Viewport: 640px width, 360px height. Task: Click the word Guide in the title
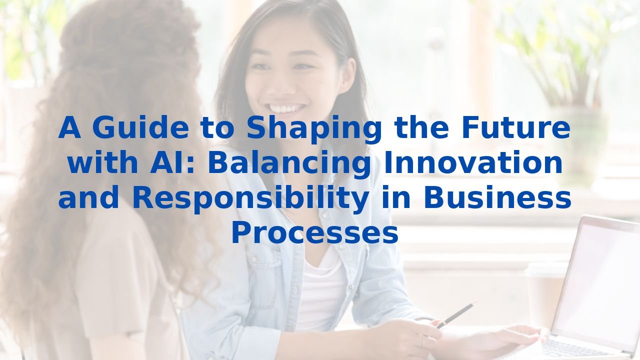(140, 128)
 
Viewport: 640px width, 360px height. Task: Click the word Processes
(314, 233)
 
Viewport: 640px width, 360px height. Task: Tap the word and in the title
(89, 198)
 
